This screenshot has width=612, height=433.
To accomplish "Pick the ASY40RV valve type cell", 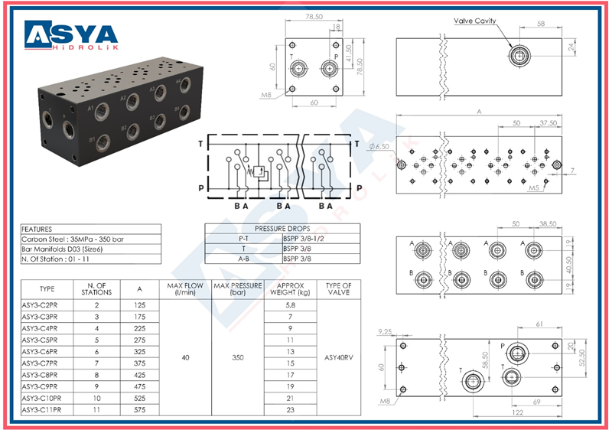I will coord(337,356).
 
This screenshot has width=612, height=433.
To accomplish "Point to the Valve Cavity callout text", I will coord(474,21).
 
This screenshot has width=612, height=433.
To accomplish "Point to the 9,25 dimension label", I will coord(388,332).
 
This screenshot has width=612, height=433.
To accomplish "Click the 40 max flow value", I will coord(184,356).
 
